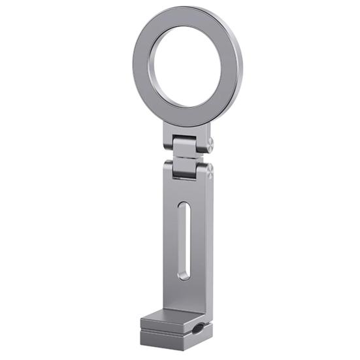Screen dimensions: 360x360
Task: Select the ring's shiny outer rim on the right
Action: [x=239, y=69]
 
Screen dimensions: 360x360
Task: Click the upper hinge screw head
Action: [x=210, y=143]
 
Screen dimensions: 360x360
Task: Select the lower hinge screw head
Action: [x=209, y=171]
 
